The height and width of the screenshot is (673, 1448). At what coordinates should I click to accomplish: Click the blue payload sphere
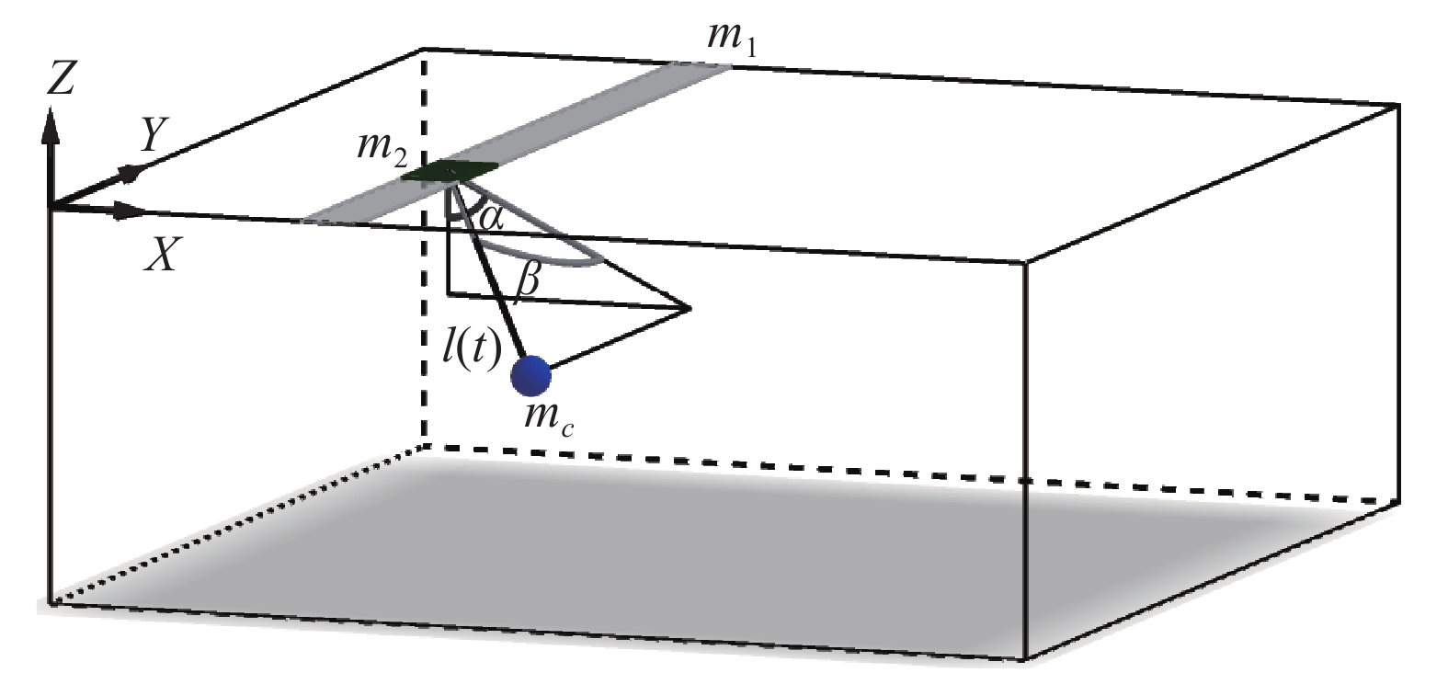coord(530,374)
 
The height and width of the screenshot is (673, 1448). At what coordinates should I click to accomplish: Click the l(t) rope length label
coord(472,348)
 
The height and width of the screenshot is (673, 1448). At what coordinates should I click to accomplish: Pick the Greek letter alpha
coord(492,219)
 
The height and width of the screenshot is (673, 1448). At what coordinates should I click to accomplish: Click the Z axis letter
coord(61,80)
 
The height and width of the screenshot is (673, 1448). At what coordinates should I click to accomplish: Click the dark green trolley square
coord(450,170)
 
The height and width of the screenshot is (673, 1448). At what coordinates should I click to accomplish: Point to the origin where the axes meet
coord(51,206)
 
